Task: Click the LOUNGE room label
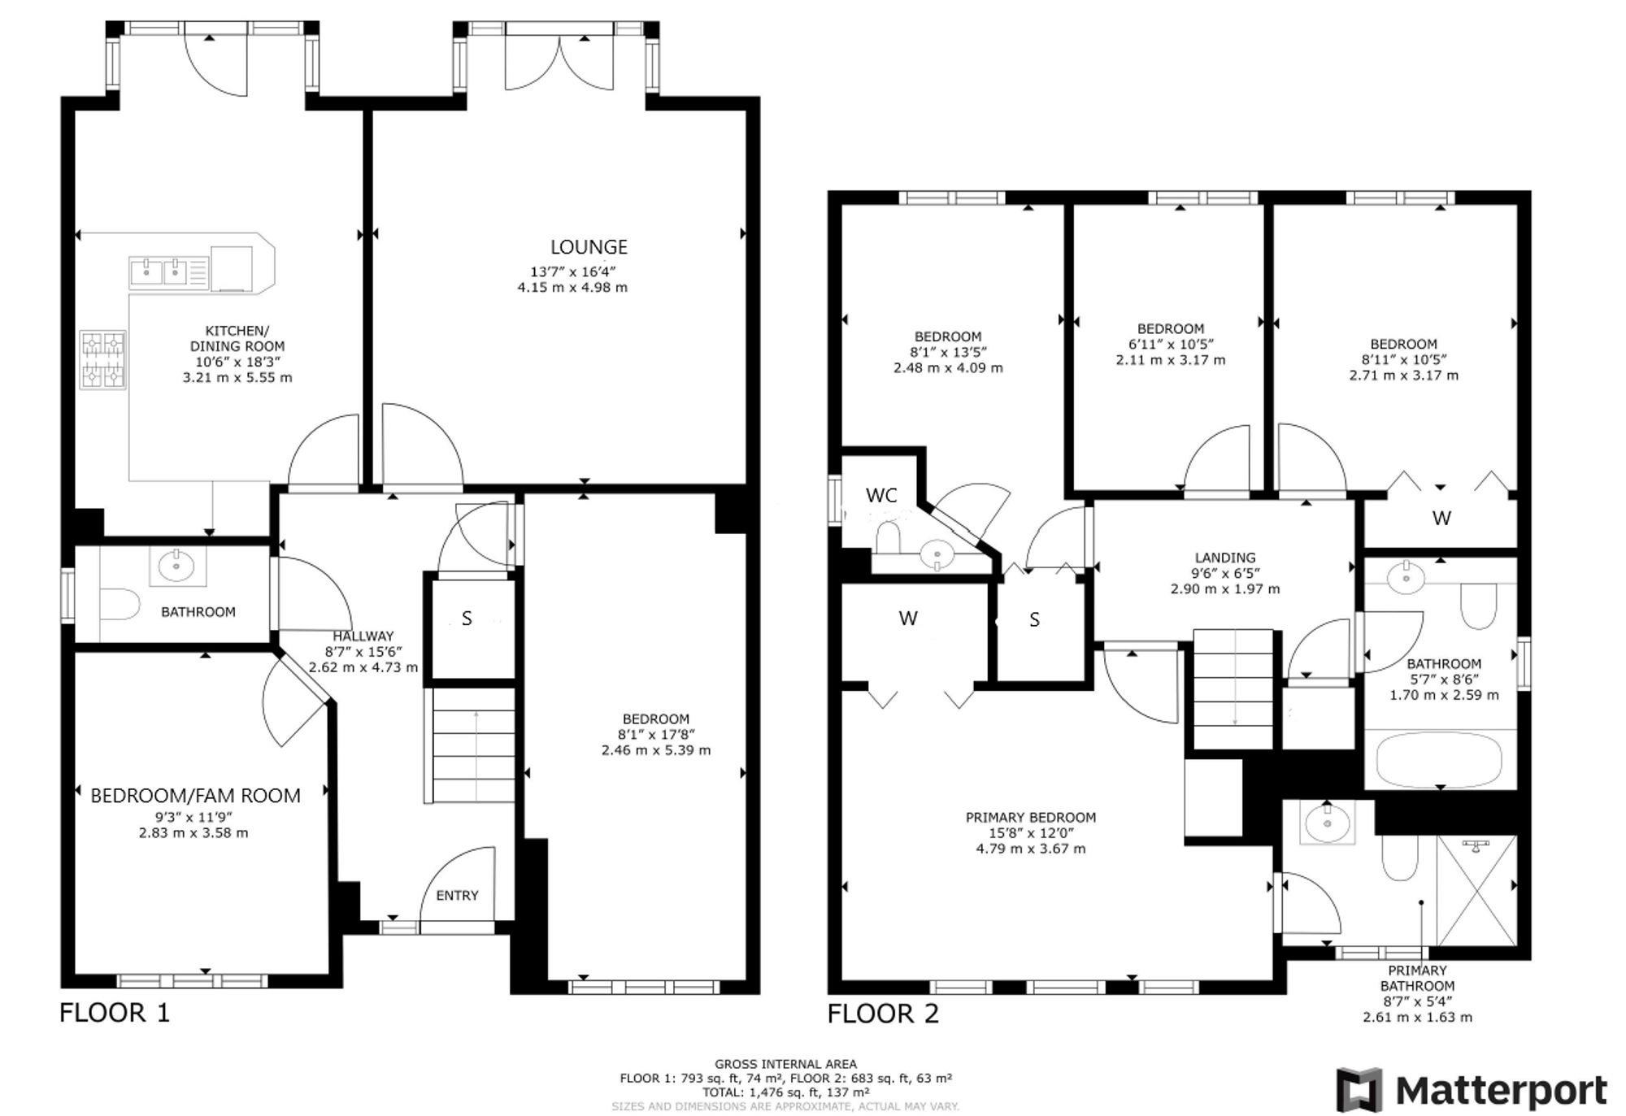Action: (x=589, y=246)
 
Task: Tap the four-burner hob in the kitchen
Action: (x=102, y=359)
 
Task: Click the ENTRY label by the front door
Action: (x=457, y=895)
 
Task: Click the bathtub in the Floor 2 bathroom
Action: (x=1440, y=760)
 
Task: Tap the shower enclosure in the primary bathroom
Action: (x=1476, y=889)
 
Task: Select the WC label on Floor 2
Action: (x=881, y=495)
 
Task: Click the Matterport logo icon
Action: (x=1359, y=1090)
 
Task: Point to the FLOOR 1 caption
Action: (x=115, y=1013)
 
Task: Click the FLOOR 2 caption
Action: (x=883, y=1014)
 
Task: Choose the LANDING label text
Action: (x=1224, y=558)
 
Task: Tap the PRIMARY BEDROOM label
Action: (x=1030, y=817)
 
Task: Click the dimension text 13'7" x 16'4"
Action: (x=572, y=271)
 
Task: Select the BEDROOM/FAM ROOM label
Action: (x=195, y=796)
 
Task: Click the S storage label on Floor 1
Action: (x=467, y=619)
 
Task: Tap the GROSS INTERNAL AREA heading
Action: (x=785, y=1063)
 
